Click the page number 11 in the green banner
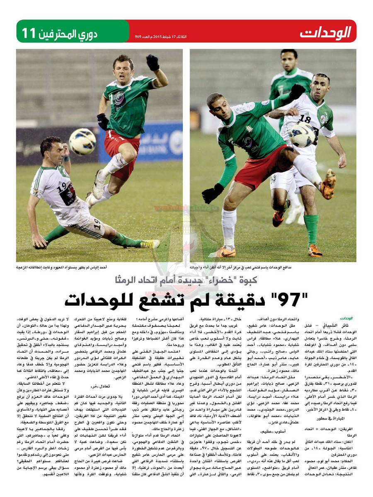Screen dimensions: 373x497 29,33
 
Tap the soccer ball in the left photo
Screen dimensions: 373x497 82,141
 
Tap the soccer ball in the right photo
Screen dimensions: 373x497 302,134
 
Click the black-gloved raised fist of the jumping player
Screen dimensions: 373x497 153,63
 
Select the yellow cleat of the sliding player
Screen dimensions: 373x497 150,244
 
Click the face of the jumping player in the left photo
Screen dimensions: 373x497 124,67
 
